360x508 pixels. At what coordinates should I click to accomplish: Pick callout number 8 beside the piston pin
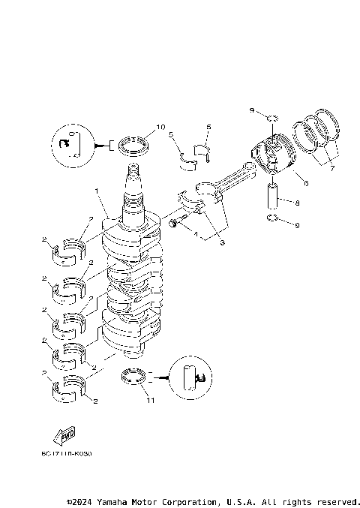click(x=298, y=202)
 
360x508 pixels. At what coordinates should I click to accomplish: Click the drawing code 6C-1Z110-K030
click(x=67, y=453)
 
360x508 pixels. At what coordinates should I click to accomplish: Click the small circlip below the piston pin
click(x=274, y=219)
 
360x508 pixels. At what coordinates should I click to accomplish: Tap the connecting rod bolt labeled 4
click(x=173, y=223)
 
